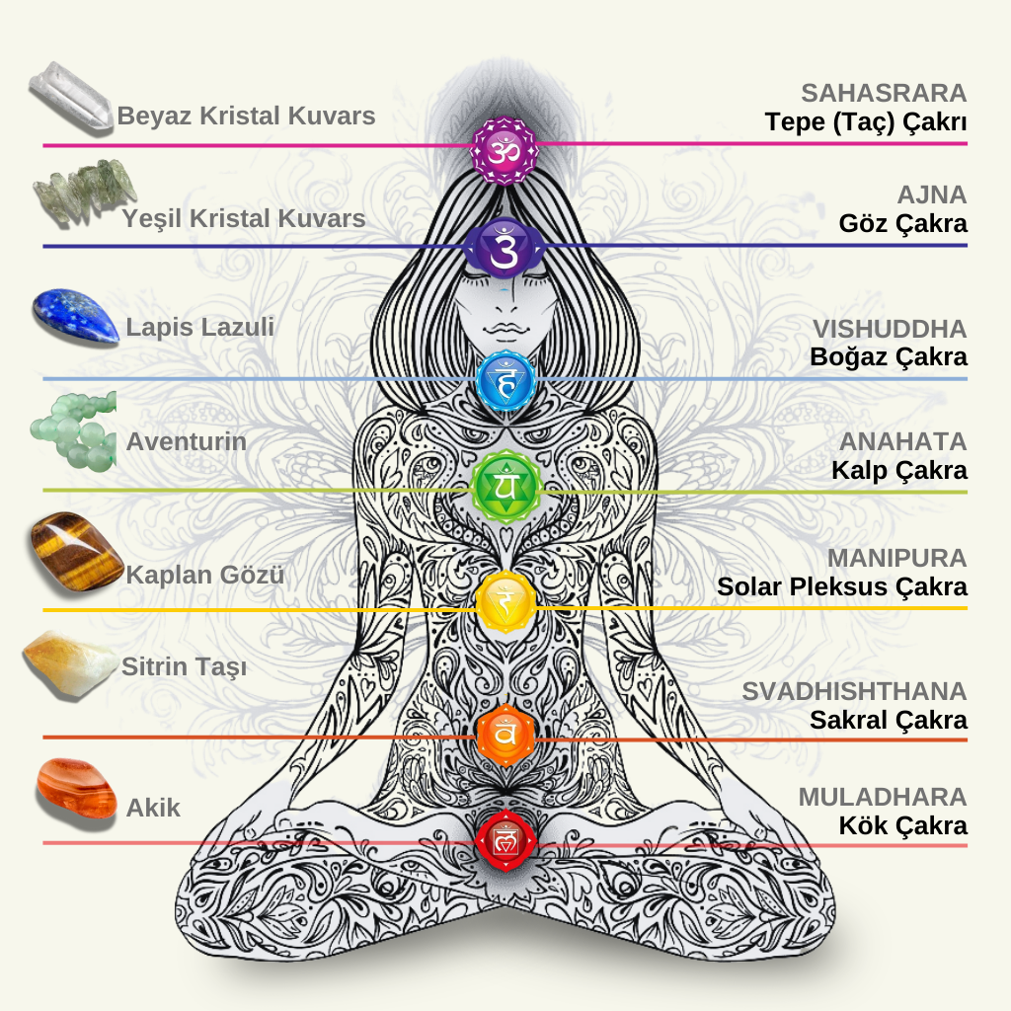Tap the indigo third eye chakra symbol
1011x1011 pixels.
pos(505,247)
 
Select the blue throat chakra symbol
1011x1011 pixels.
pos(505,380)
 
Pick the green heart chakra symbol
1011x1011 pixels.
pos(505,487)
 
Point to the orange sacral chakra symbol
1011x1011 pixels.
pos(505,734)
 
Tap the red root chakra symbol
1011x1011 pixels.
pos(505,840)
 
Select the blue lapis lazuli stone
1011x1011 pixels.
pos(75,316)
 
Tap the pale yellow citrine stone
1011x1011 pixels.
pos(69,663)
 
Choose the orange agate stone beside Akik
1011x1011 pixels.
pos(76,787)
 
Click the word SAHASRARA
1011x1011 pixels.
pos(884,94)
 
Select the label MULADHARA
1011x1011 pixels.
pos(883,797)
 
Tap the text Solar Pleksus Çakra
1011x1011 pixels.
pos(842,586)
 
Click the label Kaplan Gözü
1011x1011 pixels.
pos(205,574)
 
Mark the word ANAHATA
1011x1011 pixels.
pos(902,441)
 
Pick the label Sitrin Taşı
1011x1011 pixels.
pos(184,666)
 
